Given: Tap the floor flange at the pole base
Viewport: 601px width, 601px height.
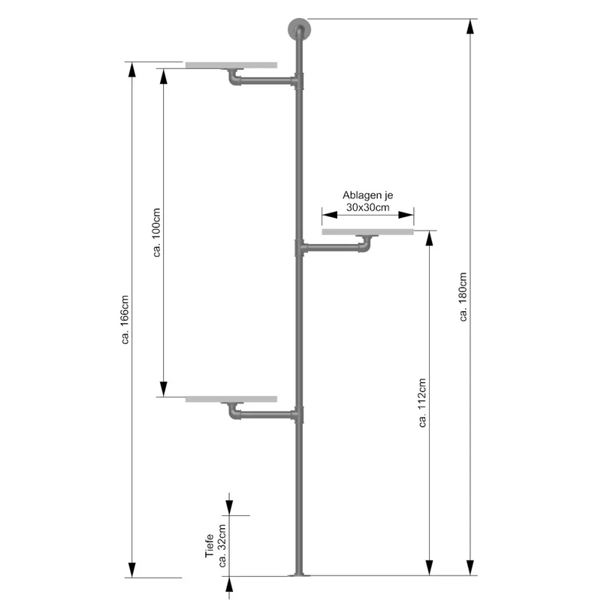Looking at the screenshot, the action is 299,575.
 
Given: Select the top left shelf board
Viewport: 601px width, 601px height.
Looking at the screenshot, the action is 231,65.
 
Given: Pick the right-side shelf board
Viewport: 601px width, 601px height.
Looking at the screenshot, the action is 367,231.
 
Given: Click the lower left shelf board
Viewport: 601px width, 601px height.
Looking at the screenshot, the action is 231,399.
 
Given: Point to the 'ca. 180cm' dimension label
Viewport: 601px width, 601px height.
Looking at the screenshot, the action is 463,297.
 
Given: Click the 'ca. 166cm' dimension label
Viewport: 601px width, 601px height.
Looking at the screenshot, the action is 125,320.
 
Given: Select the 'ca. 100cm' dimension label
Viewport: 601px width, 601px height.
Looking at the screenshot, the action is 156,232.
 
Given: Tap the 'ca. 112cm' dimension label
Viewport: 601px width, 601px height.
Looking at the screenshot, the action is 422,403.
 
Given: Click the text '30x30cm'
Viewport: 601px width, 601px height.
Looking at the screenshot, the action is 367,207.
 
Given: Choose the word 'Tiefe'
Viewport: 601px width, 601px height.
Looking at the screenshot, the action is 209,546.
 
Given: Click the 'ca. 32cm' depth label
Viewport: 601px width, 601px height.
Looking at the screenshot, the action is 222,546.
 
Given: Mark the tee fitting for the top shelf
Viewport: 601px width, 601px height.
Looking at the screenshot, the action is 297,81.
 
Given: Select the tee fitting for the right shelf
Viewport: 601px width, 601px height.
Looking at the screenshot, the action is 300,248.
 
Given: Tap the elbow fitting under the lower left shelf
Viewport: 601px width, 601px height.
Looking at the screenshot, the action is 234,412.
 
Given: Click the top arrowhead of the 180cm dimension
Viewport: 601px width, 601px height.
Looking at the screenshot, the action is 470,26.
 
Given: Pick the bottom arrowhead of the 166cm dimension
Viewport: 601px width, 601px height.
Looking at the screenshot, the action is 132,569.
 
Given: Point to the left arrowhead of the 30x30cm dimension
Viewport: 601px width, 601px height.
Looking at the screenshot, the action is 330,215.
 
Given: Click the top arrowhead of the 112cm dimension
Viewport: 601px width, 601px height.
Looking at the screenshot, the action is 429,238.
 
